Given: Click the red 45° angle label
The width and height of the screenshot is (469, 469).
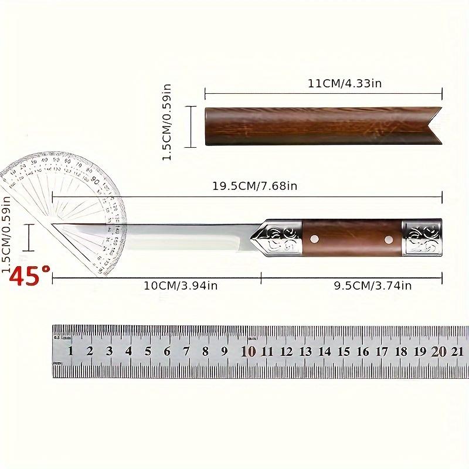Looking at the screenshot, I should tap(29, 275).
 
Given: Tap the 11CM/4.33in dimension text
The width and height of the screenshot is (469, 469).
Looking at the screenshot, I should tap(345, 83).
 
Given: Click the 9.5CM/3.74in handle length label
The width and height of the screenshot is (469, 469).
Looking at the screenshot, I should tap(372, 286).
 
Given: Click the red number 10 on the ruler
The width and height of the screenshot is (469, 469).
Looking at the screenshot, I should tap(248, 352).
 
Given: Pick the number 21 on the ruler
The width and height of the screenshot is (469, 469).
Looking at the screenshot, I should tap(458, 352).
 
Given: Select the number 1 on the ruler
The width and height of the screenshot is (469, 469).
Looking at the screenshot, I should tap(70, 352).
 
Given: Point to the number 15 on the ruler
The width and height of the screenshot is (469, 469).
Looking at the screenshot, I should tap(344, 352).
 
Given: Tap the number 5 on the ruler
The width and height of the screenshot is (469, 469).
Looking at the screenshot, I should tap(148, 352).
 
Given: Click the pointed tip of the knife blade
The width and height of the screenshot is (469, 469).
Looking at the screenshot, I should tap(54, 224).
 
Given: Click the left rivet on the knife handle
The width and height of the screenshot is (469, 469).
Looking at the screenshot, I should tap(315, 238).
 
